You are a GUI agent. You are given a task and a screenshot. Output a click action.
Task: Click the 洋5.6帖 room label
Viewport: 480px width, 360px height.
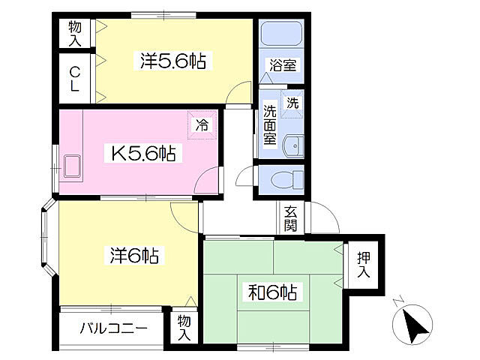[x=173, y=60]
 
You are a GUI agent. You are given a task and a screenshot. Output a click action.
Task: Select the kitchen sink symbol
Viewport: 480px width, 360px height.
[x=74, y=167]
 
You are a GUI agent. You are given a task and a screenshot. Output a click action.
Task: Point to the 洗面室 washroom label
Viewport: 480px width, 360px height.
[x=269, y=125]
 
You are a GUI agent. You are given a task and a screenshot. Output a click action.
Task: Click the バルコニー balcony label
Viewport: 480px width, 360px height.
[x=113, y=328]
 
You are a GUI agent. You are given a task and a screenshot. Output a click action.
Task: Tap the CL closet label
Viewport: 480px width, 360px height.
[x=75, y=79]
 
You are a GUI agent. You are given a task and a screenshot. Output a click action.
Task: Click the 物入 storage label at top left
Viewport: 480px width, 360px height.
[x=75, y=34]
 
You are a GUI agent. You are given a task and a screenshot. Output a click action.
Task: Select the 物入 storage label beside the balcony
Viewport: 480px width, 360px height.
[x=184, y=328]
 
